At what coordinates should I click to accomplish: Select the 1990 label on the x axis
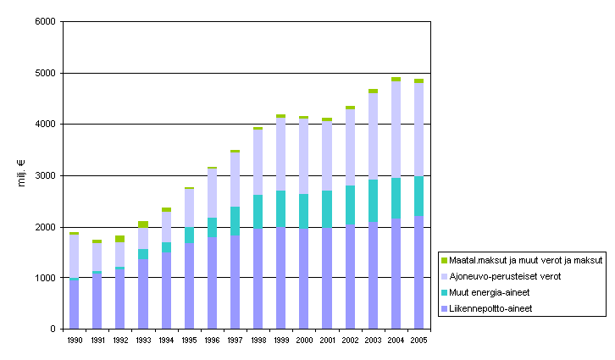tap(74, 340)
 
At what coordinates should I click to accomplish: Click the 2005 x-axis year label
tap(418, 340)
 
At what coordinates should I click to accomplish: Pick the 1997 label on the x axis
tap(235, 340)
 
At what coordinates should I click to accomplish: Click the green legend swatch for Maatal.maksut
tap(445, 261)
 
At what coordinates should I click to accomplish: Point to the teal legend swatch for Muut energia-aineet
tap(445, 293)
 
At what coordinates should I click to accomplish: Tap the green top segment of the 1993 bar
tap(143, 224)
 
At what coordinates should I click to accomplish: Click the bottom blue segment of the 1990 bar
tap(75, 304)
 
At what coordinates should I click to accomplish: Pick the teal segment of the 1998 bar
tap(258, 212)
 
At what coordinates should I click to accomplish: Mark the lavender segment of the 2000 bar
tap(303, 157)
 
